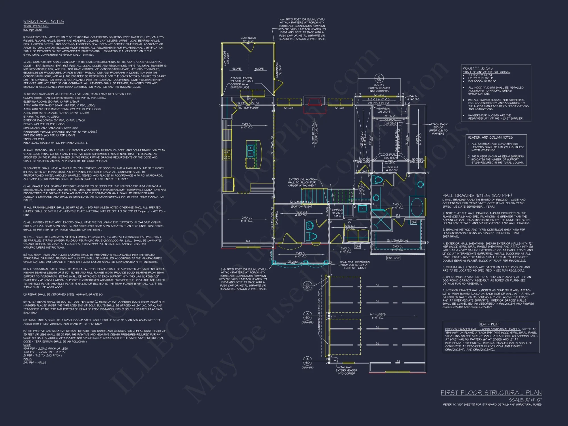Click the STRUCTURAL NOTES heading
pyautogui.click(x=43, y=22)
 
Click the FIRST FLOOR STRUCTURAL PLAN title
pyautogui.click(x=491, y=393)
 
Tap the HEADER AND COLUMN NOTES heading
pyautogui.click(x=490, y=137)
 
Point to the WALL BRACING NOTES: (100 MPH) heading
pyautogui.click(x=477, y=195)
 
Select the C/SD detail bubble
pyautogui.click(x=379, y=78)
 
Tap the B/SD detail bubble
pyautogui.click(x=307, y=286)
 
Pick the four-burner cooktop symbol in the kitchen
pyautogui.click(x=227, y=154)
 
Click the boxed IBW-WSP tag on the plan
pyautogui.click(x=393, y=258)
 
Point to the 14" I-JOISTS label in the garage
pyautogui.click(x=378, y=314)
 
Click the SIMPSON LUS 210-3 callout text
pyautogui.click(x=384, y=110)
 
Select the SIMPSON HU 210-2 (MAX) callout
pyautogui.click(x=337, y=213)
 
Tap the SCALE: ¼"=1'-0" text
pyautogui.click(x=525, y=400)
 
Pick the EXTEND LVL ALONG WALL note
pyautogui.click(x=302, y=182)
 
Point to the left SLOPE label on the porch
pyautogui.click(x=237, y=69)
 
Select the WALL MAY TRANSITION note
pyautogui.click(x=354, y=265)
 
